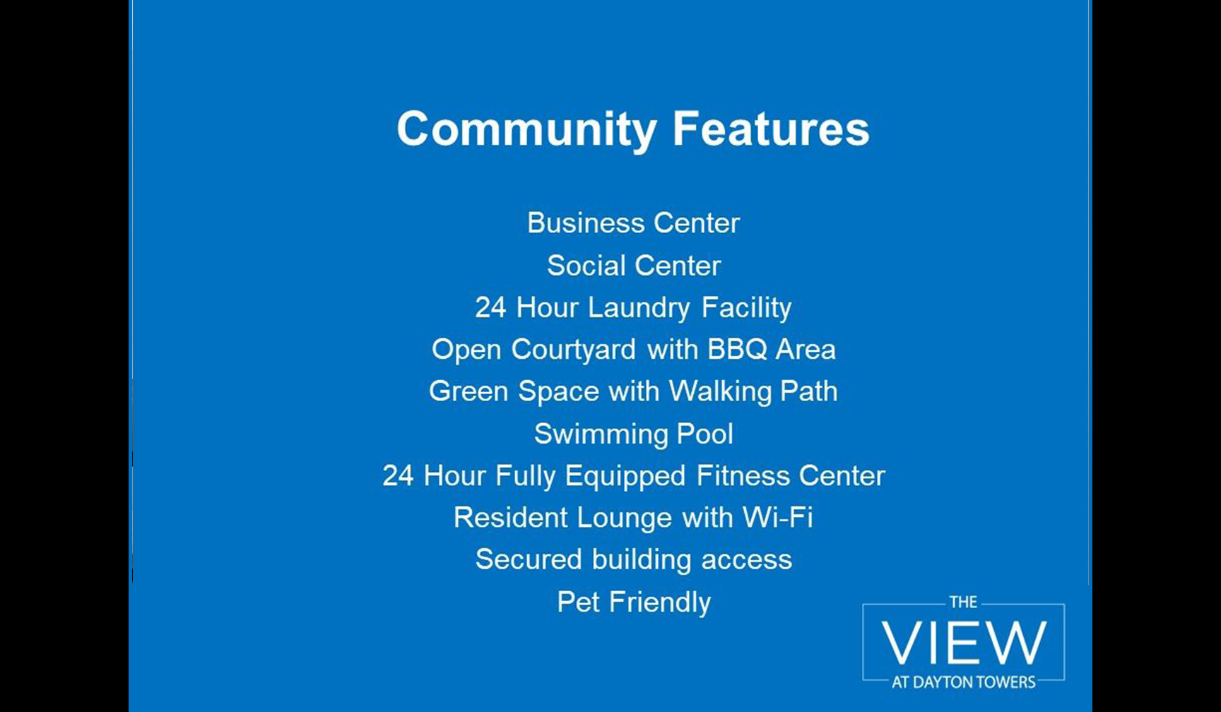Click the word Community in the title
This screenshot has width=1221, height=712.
[527, 130]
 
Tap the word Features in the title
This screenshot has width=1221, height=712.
[771, 129]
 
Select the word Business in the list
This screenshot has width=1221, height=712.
[586, 223]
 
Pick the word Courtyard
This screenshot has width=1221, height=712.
[574, 350]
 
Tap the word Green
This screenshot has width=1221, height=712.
[468, 391]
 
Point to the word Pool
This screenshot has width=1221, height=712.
[704, 434]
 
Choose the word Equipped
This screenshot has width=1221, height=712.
[625, 477]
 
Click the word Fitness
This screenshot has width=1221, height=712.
[743, 475]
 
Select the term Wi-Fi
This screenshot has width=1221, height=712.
[777, 517]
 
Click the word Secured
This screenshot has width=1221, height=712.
[529, 559]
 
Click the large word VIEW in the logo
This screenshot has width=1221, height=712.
[964, 643]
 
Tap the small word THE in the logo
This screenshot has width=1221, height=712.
[963, 603]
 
